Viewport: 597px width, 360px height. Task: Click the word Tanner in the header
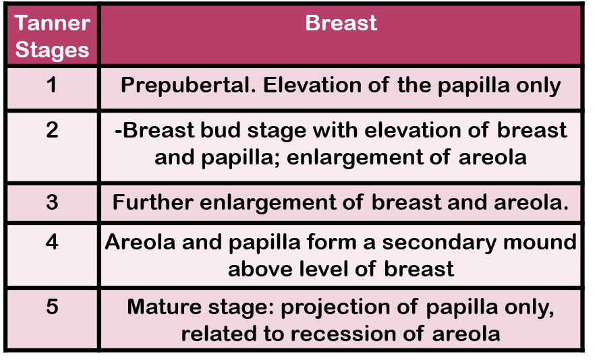point(52,23)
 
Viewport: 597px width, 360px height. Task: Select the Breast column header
point(341,23)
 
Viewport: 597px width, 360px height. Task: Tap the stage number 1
point(52,84)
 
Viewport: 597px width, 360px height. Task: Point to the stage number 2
point(52,129)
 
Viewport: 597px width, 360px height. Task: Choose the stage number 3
point(52,202)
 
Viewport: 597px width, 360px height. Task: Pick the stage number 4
point(52,242)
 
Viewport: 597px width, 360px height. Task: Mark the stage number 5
point(52,307)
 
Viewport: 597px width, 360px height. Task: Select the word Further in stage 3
point(152,202)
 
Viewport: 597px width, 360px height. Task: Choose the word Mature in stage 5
point(165,307)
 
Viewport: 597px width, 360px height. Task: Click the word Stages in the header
point(52,51)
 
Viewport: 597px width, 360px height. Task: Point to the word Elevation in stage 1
point(312,85)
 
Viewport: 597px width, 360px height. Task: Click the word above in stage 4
point(260,269)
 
